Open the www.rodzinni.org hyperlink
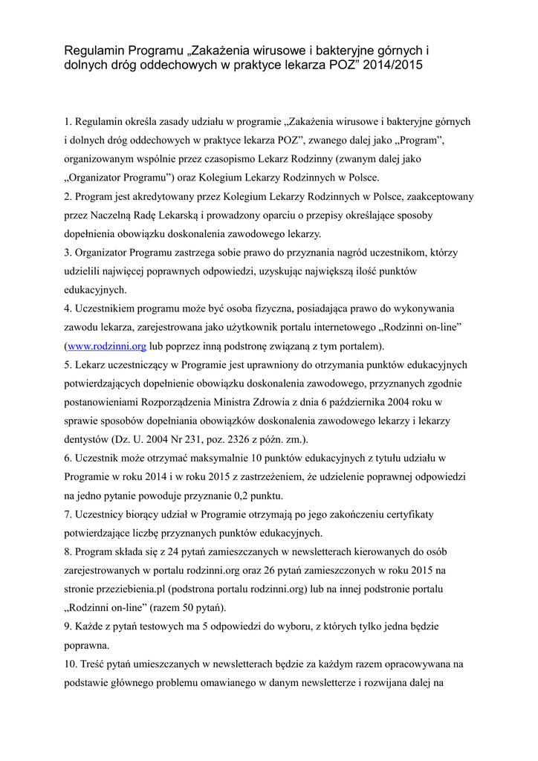click(x=103, y=346)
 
